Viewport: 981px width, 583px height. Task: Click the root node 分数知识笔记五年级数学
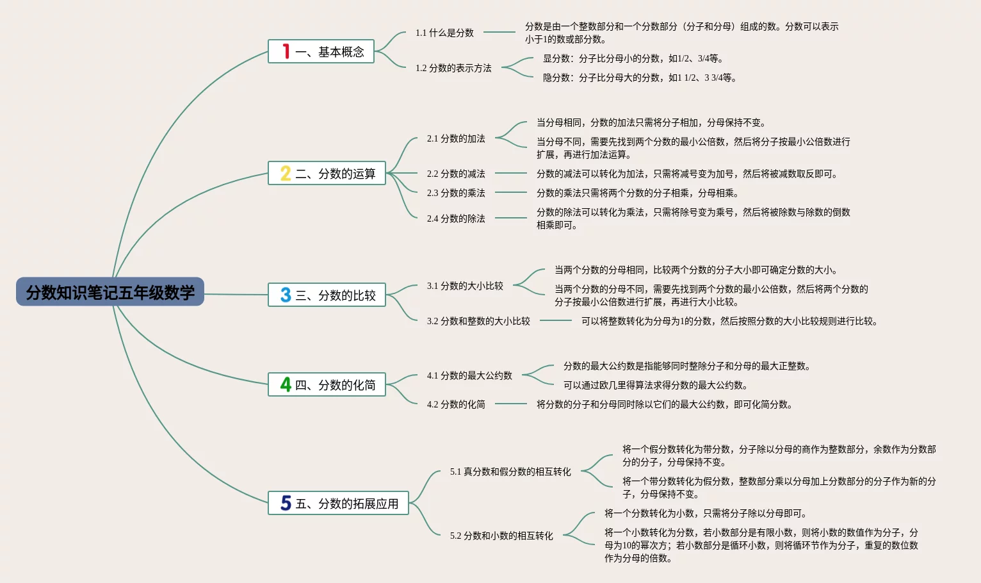[x=110, y=292]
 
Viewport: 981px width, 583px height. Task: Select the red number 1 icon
[x=286, y=51]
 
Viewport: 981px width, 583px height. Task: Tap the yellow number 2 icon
[x=286, y=173]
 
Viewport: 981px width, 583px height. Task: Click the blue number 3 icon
[x=286, y=295]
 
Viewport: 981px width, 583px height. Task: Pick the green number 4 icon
[x=286, y=384]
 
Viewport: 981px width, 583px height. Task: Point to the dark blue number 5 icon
[x=286, y=503]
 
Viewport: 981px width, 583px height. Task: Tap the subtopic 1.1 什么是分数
[x=444, y=33]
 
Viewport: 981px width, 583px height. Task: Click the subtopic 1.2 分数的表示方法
[x=453, y=68]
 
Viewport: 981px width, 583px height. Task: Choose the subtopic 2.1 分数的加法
[x=456, y=138]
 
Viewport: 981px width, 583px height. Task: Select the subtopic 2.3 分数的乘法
[x=456, y=193]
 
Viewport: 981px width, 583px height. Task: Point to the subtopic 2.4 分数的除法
[x=456, y=218]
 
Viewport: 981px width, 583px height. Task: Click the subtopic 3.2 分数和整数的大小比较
[x=478, y=321]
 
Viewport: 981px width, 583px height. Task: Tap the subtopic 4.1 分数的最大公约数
[x=469, y=375]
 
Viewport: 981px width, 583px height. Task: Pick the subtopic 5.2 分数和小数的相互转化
[x=501, y=536]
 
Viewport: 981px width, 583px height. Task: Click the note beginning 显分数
[x=633, y=58]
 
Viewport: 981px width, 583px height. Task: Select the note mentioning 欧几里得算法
[x=655, y=385]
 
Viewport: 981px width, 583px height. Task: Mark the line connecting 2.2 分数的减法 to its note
[x=511, y=173]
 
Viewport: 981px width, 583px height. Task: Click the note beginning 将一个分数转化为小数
[x=705, y=513]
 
